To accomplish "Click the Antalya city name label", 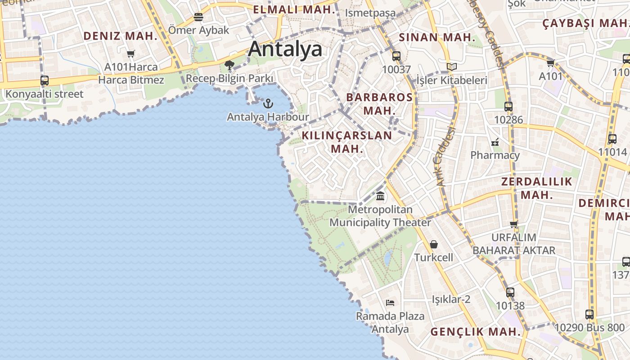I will pyautogui.click(x=285, y=49).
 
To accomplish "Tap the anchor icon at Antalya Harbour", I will pyautogui.click(x=268, y=103).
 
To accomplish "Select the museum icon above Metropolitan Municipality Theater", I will pyautogui.click(x=380, y=196).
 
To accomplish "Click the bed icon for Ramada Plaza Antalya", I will pyautogui.click(x=390, y=303).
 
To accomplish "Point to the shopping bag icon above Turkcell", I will pyautogui.click(x=434, y=244).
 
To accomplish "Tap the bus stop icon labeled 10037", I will pyautogui.click(x=396, y=56).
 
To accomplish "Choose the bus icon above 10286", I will pyautogui.click(x=508, y=107).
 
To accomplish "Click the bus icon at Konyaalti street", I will pyautogui.click(x=45, y=81).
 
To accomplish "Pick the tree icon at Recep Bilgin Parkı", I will pyautogui.click(x=229, y=65).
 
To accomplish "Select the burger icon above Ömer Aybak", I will pyautogui.click(x=198, y=17).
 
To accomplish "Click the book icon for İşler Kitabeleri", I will pyautogui.click(x=451, y=67).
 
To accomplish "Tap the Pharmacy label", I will pyautogui.click(x=495, y=155).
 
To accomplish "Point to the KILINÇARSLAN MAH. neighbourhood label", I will pyautogui.click(x=347, y=142).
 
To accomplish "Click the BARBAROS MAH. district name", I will pyautogui.click(x=379, y=103).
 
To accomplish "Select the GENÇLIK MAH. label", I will pyautogui.click(x=476, y=332).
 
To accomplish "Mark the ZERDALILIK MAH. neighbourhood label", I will pyautogui.click(x=536, y=188).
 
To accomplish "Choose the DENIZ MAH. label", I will pyautogui.click(x=120, y=36).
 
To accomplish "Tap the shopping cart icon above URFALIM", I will pyautogui.click(x=513, y=224).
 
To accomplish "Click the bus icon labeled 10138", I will pyautogui.click(x=510, y=292).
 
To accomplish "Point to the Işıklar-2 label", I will pyautogui.click(x=451, y=299).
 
